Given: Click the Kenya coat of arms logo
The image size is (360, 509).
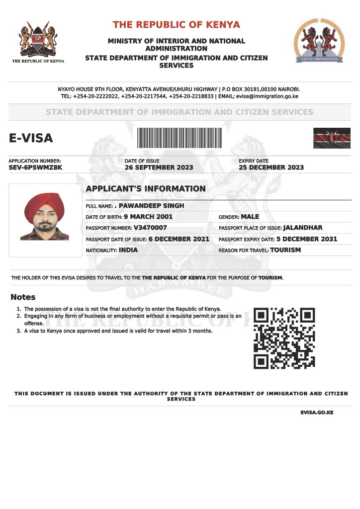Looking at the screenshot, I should (38, 39).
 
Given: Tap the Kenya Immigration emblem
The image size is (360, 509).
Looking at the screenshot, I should (319, 41).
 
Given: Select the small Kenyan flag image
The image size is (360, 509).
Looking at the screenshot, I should (332, 138).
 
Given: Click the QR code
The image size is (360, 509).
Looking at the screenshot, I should (284, 338).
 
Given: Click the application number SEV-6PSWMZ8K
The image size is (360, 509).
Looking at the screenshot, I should (35, 168).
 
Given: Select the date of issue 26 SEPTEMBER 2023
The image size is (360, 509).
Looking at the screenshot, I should (159, 168).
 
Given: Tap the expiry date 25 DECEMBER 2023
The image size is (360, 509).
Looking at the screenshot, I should (271, 168).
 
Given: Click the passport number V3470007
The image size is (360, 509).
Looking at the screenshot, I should (150, 228).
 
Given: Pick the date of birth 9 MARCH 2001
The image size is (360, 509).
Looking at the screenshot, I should (148, 217).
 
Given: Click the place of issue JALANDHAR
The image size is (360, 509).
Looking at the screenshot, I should (302, 228).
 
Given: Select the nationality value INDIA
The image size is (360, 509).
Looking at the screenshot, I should (128, 250).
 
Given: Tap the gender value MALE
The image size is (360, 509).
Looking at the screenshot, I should (250, 217).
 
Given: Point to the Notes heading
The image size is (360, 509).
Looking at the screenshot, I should (23, 297).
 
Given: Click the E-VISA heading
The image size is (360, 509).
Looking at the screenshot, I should (31, 138).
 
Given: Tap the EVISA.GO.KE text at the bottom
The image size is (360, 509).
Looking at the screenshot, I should (317, 413).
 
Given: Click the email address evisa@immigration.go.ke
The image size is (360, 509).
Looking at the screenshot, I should (267, 96).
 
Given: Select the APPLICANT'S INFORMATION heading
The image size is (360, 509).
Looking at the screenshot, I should (146, 189).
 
